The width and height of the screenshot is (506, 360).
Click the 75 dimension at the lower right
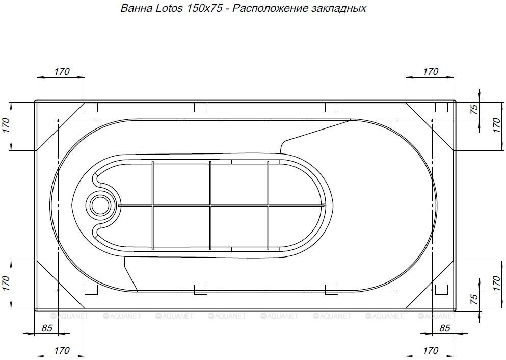(x=474, y=299)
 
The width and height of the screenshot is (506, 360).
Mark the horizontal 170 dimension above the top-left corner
(x=61, y=72)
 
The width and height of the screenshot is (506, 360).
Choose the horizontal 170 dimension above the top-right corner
(x=431, y=72)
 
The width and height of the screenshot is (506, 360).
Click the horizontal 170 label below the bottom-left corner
(x=61, y=351)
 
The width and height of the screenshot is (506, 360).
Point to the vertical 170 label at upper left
(x=6, y=125)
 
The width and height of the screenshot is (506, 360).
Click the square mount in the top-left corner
(x=91, y=108)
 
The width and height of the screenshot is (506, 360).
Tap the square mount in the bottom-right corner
(x=442, y=290)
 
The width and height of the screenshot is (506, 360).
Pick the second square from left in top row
(x=201, y=108)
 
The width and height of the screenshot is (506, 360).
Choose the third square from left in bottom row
(x=332, y=290)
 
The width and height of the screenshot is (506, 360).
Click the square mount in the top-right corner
(x=442, y=108)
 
